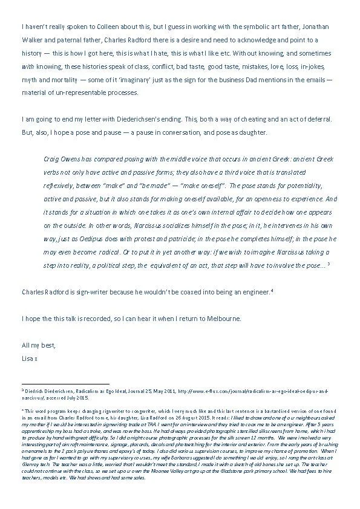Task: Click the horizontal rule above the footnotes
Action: click(x=65, y=383)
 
